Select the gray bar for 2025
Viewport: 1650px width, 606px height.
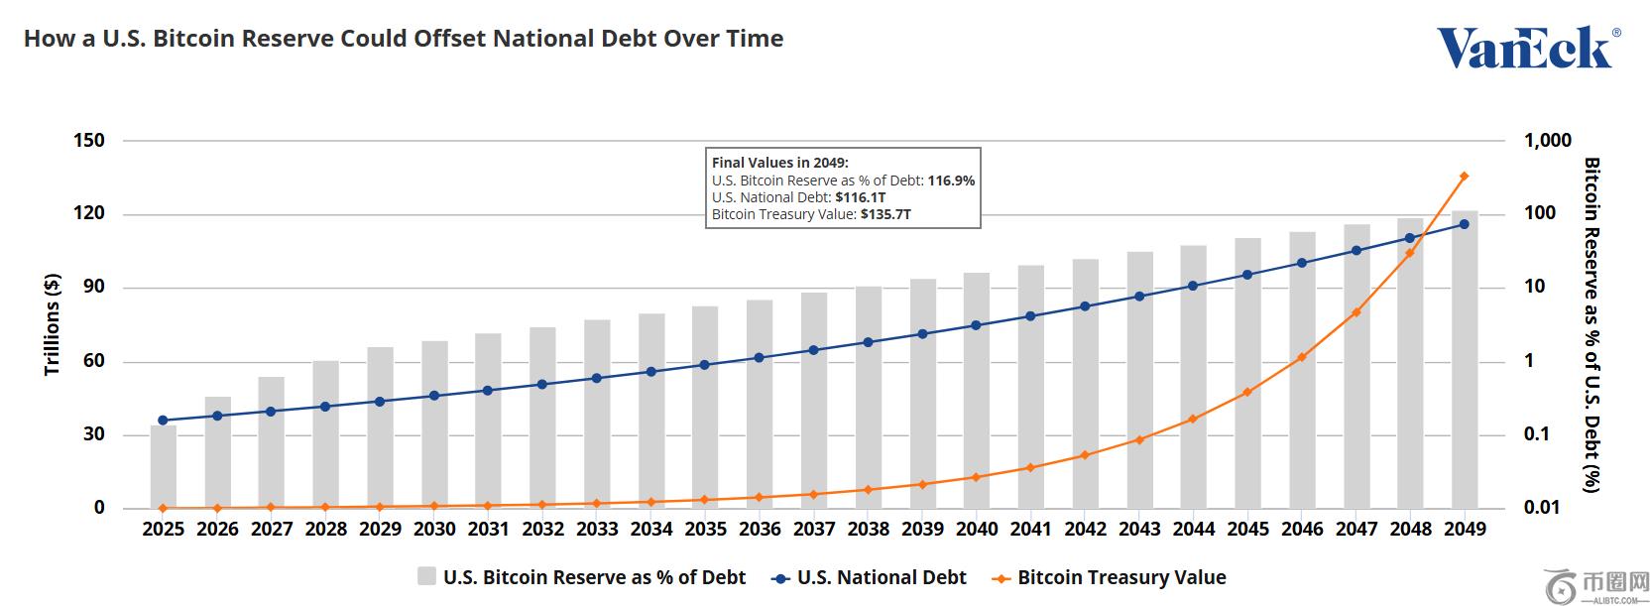[164, 466]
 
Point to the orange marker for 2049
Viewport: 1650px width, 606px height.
[1465, 177]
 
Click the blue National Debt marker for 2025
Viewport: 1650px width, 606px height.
[164, 421]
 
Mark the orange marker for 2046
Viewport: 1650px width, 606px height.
[1302, 357]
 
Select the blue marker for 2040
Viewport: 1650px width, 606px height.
[977, 325]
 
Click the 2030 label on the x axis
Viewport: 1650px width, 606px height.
[434, 530]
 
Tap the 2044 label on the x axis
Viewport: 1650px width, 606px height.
[1194, 530]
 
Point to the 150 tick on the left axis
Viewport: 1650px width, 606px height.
[89, 141]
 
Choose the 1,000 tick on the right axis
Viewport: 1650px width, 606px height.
[1547, 141]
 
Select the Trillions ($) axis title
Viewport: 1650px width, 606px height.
[53, 324]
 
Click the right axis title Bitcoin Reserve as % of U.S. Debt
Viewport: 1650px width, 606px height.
[1591, 324]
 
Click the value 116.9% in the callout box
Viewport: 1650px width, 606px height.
[951, 181]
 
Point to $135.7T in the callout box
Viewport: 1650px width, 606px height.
[885, 214]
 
